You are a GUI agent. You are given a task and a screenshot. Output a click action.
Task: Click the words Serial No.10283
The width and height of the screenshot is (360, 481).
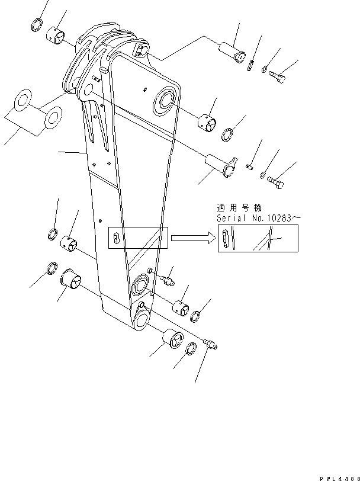[x=259, y=219]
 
